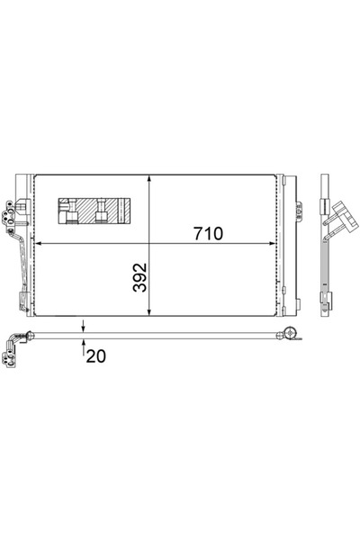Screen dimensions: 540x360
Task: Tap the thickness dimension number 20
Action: point(95,355)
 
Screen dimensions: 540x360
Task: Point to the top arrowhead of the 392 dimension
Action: point(149,176)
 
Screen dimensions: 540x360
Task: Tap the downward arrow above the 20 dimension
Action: point(83,327)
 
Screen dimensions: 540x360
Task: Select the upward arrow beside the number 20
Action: point(83,343)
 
